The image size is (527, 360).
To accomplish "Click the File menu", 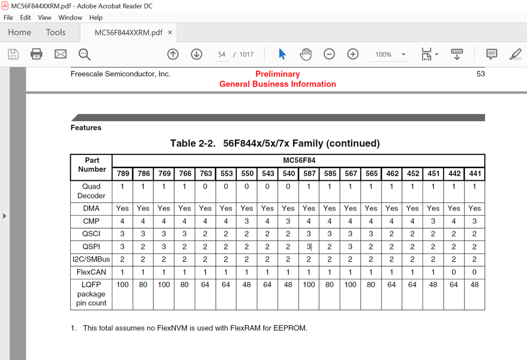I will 8,17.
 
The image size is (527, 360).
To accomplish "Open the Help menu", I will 95,17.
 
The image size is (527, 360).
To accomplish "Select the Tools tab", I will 55,32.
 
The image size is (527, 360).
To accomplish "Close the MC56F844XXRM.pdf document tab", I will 170,32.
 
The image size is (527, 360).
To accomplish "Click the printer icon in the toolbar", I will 36,54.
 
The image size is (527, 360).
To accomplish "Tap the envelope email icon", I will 61,54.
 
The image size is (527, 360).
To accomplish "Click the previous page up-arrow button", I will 173,54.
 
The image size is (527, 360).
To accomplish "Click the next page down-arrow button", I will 197,54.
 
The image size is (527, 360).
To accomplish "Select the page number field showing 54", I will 222,54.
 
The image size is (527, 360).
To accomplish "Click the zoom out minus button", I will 329,54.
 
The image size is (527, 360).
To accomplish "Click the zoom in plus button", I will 353,54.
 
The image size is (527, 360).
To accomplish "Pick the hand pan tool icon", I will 306,54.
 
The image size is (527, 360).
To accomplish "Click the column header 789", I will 122,173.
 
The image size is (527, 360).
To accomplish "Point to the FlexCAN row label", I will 91,273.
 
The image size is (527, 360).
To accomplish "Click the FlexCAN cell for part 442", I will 454,273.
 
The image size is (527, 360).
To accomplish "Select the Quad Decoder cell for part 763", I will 205,186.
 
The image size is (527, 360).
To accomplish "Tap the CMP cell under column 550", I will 246,221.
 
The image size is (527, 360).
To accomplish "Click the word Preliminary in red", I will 277,74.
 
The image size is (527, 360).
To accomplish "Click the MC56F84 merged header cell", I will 298,160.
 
